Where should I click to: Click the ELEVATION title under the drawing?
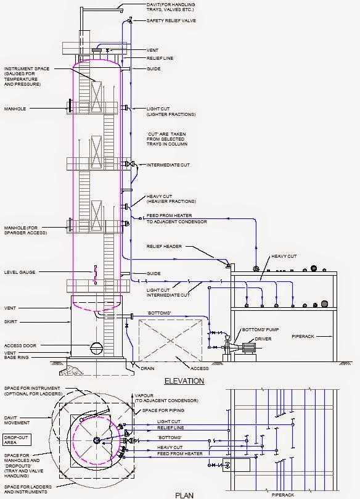click(184, 381)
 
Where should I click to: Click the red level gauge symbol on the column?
click(95, 274)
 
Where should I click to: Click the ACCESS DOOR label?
click(20, 345)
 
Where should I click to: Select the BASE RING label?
click(17, 359)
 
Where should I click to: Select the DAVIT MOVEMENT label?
click(17, 419)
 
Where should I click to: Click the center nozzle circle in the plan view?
click(97, 440)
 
